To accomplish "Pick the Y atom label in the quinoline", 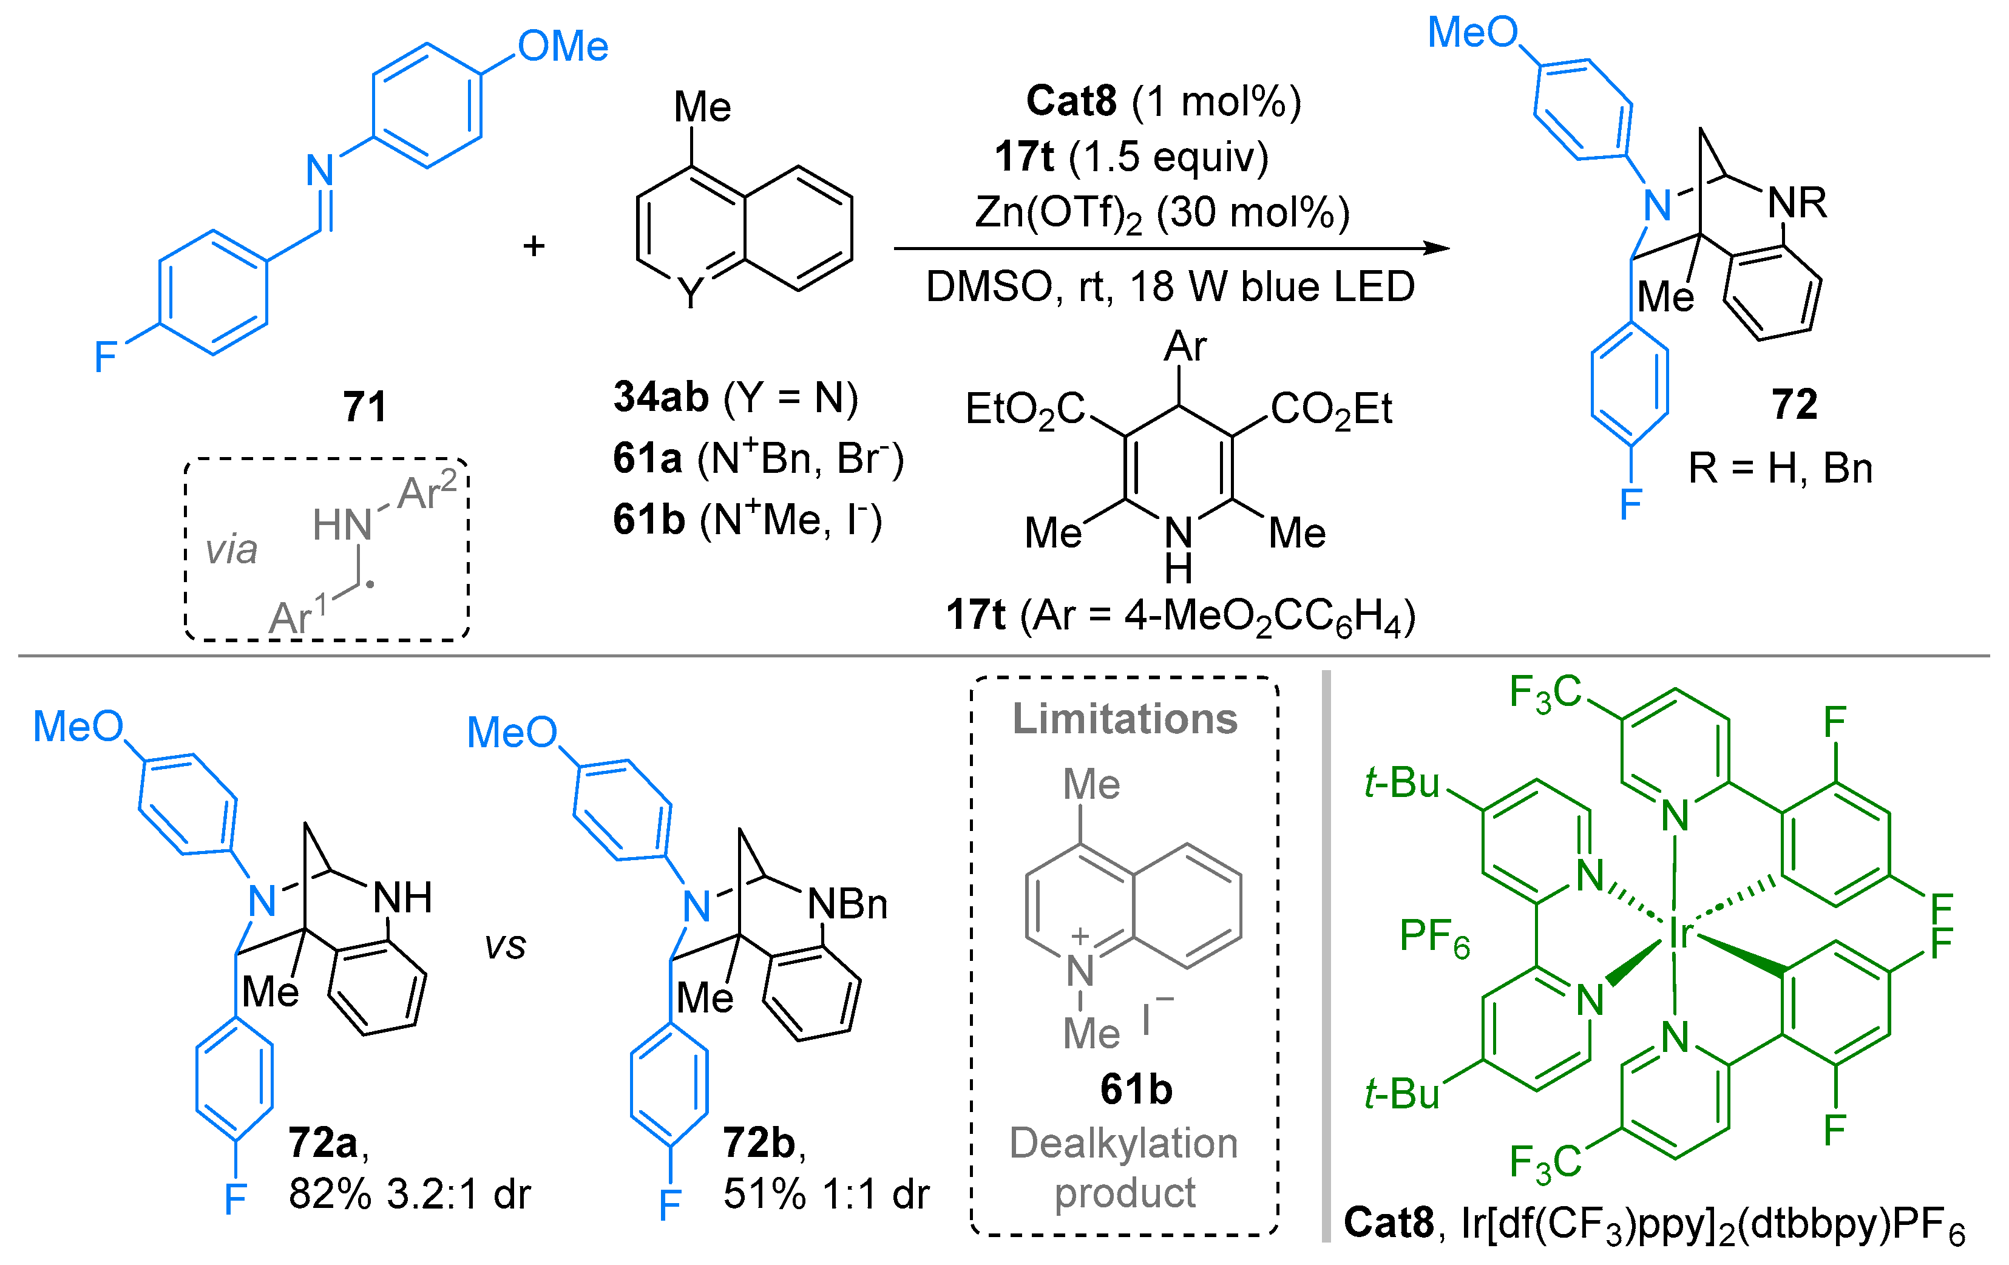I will pyautogui.click(x=691, y=292).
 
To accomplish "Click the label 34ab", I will pyautogui.click(x=661, y=397).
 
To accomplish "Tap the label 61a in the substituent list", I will pyautogui.click(x=648, y=459).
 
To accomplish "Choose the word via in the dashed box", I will pyautogui.click(x=231, y=550).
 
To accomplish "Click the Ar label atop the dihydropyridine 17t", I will pyautogui.click(x=1185, y=346).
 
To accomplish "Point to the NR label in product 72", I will pyautogui.click(x=1797, y=203).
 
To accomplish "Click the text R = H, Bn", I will pyautogui.click(x=1780, y=468).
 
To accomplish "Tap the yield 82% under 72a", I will pyautogui.click(x=330, y=1194).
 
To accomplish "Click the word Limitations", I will pyautogui.click(x=1125, y=719).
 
